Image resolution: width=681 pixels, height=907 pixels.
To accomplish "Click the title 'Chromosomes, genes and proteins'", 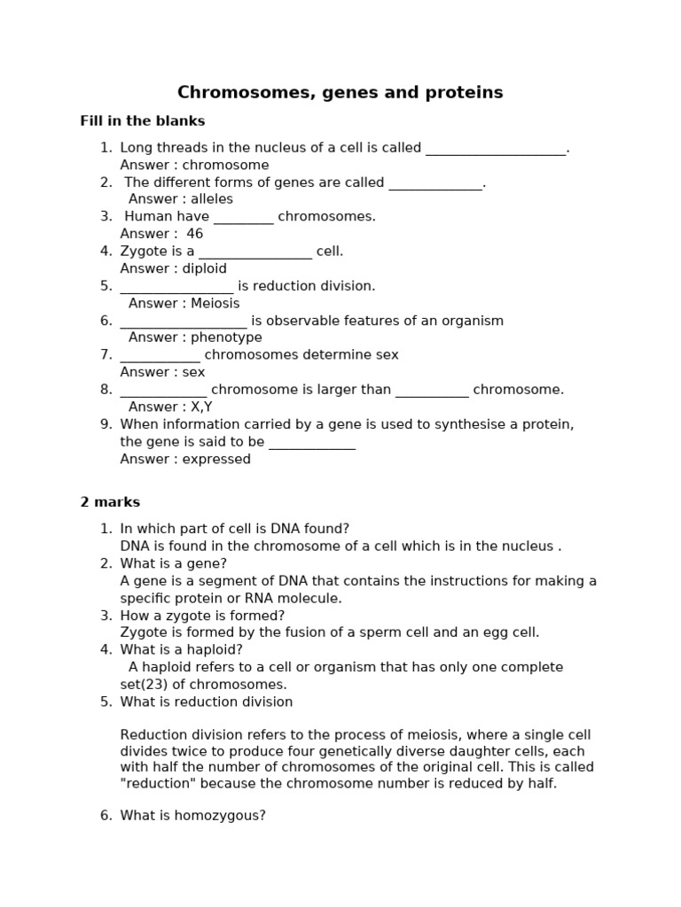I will pos(340,93).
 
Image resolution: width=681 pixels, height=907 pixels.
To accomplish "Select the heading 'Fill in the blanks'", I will pos(142,121).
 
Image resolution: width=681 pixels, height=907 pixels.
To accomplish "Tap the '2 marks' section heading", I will pos(110,502).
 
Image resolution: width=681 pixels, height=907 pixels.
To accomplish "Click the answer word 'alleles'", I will pos(212,199).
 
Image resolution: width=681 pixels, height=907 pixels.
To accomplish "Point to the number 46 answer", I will pos(195,234).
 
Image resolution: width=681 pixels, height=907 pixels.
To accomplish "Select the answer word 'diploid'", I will pos(205,268).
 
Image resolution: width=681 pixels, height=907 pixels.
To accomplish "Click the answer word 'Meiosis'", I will pos(215,303).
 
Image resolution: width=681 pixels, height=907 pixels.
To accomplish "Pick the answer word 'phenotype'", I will pos(226,337).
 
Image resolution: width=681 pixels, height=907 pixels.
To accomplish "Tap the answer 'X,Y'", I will pos(201,407).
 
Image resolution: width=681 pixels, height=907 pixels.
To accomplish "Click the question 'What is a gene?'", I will pos(174,563).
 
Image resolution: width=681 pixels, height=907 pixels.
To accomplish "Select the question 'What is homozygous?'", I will pos(192,816).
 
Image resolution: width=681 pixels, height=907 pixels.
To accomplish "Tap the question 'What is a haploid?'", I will pos(181,650).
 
